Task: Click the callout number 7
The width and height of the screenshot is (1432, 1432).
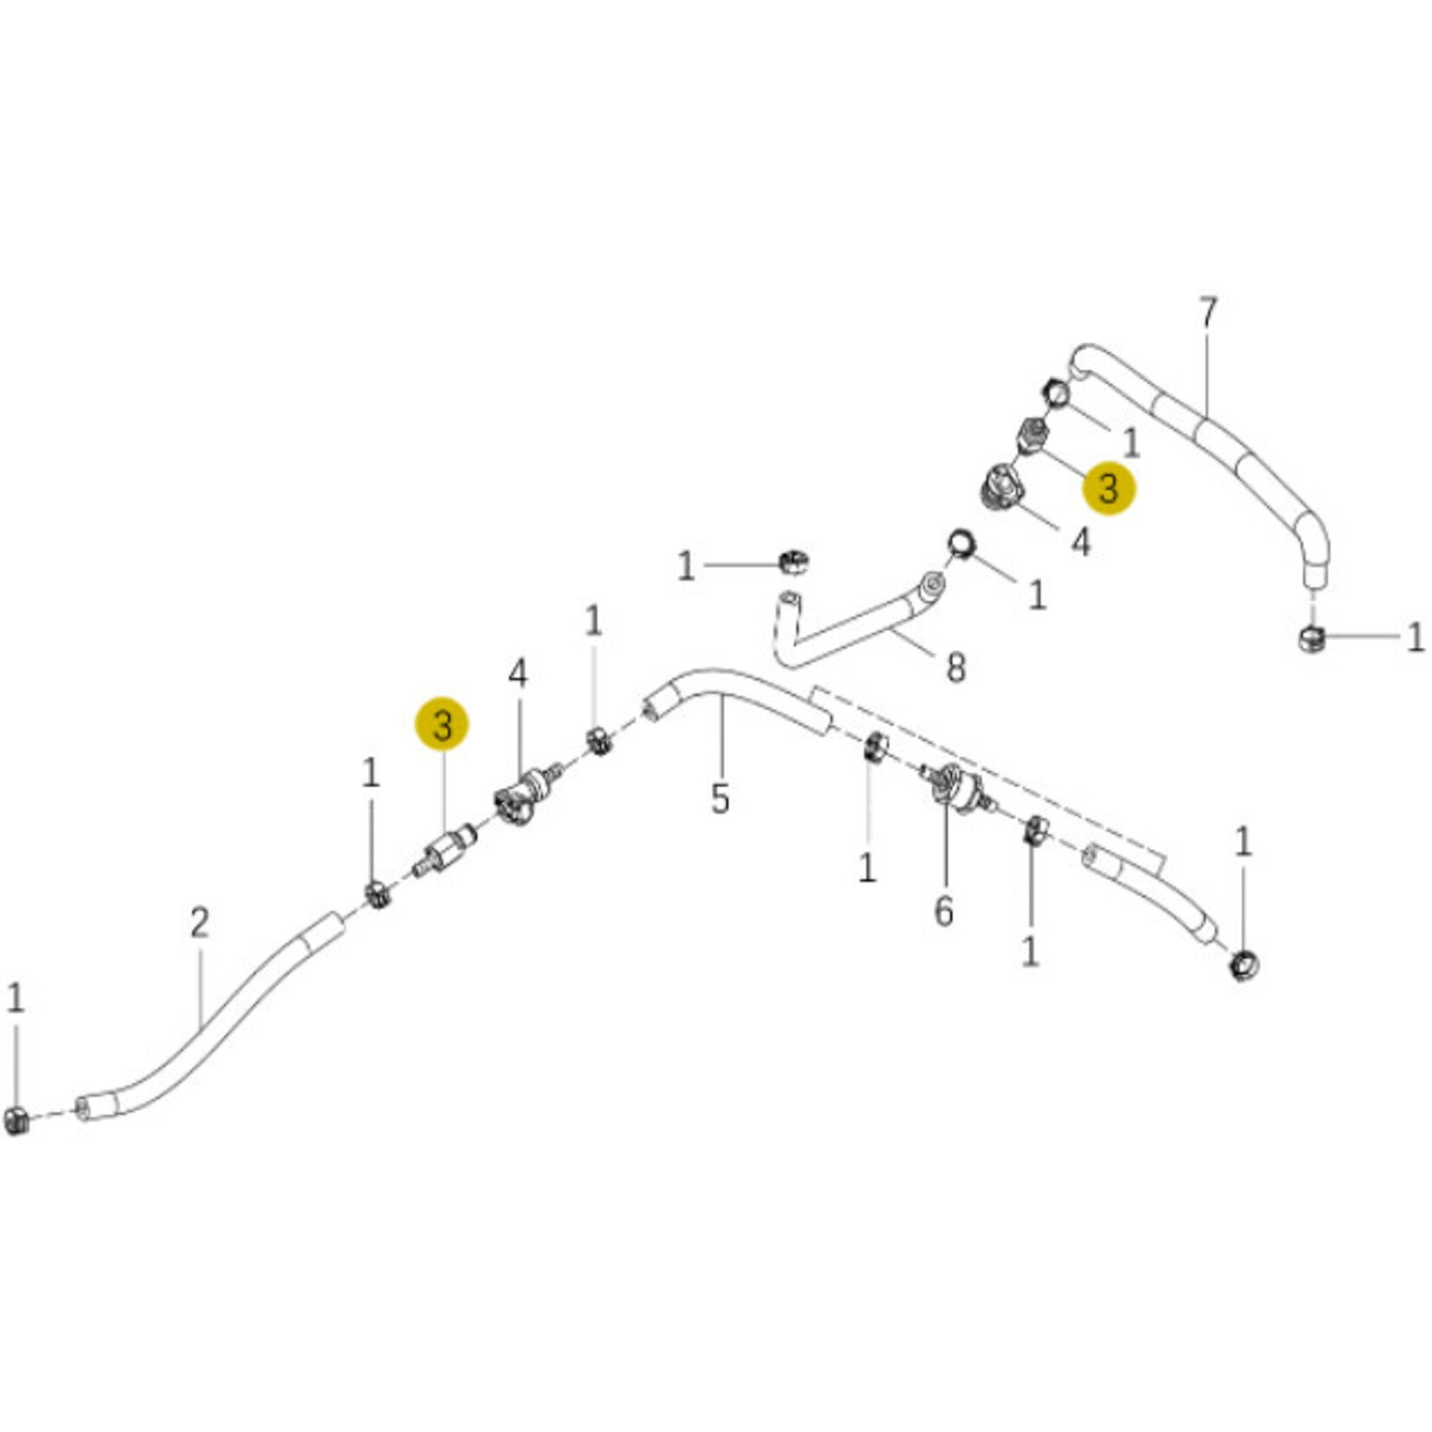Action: [x=1208, y=313]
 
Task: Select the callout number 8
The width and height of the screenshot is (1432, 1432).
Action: [x=955, y=667]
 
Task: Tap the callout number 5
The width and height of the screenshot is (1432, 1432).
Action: [x=720, y=798]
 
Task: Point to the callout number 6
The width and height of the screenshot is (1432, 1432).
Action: [x=943, y=911]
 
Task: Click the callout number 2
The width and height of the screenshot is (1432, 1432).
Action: [x=199, y=923]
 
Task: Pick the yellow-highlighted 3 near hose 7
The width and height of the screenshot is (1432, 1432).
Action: [x=1109, y=488]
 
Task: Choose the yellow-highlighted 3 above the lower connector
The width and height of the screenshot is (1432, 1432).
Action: [x=442, y=724]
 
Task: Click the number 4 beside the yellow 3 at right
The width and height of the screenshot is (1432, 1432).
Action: [x=1080, y=543]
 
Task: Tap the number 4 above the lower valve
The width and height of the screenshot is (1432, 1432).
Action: [x=517, y=674]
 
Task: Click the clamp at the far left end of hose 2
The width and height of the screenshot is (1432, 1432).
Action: [x=16, y=1120]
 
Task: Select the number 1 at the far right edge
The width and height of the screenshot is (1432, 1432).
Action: [x=1415, y=638]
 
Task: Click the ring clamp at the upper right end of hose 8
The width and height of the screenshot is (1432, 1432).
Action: [x=961, y=544]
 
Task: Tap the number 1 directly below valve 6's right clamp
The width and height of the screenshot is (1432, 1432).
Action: [x=1030, y=953]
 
